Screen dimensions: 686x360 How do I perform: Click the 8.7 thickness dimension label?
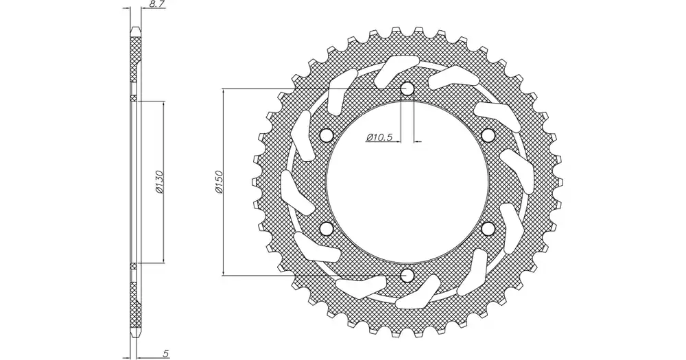point(157,4)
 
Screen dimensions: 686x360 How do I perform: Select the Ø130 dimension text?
point(159,182)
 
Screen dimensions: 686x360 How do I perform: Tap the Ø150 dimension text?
point(218,182)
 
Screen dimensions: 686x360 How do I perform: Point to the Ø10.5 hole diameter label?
point(379,137)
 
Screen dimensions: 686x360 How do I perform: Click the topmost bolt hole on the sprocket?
point(407,89)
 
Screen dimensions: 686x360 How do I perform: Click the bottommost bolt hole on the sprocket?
point(407,275)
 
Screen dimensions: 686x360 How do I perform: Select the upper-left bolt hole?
point(327,136)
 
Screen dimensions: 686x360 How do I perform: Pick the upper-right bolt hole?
point(488,136)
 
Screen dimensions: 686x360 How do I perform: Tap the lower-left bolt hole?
point(327,228)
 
